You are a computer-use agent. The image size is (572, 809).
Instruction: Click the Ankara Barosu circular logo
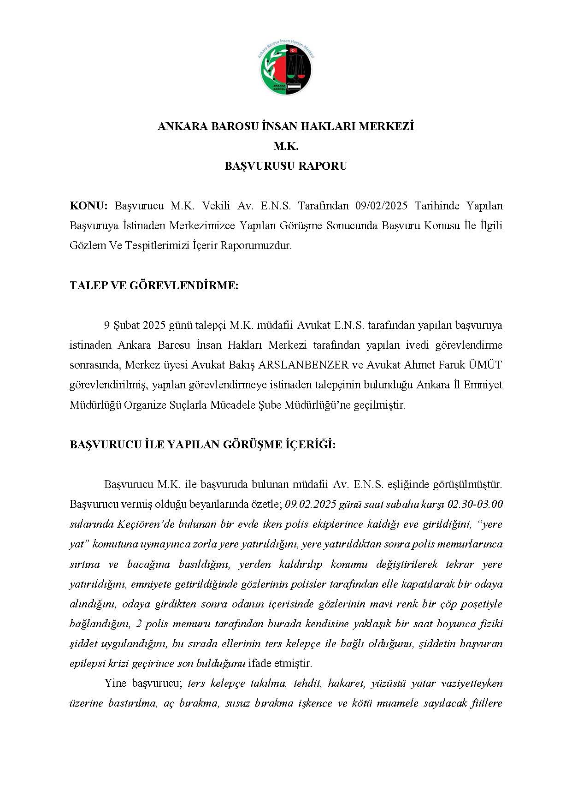[x=286, y=68]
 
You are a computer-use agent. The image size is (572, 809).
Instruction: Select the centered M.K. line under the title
[x=286, y=146]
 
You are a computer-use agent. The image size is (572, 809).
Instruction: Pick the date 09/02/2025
[x=382, y=206]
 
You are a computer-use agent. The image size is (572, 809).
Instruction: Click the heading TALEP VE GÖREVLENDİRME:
[x=154, y=286]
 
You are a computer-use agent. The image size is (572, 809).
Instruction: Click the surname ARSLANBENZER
[x=303, y=365]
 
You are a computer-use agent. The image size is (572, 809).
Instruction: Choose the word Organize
[x=143, y=405]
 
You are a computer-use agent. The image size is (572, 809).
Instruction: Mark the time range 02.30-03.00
[x=475, y=504]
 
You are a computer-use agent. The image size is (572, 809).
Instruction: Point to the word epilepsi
[x=88, y=664]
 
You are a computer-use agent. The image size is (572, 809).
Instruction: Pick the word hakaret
[x=346, y=684]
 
